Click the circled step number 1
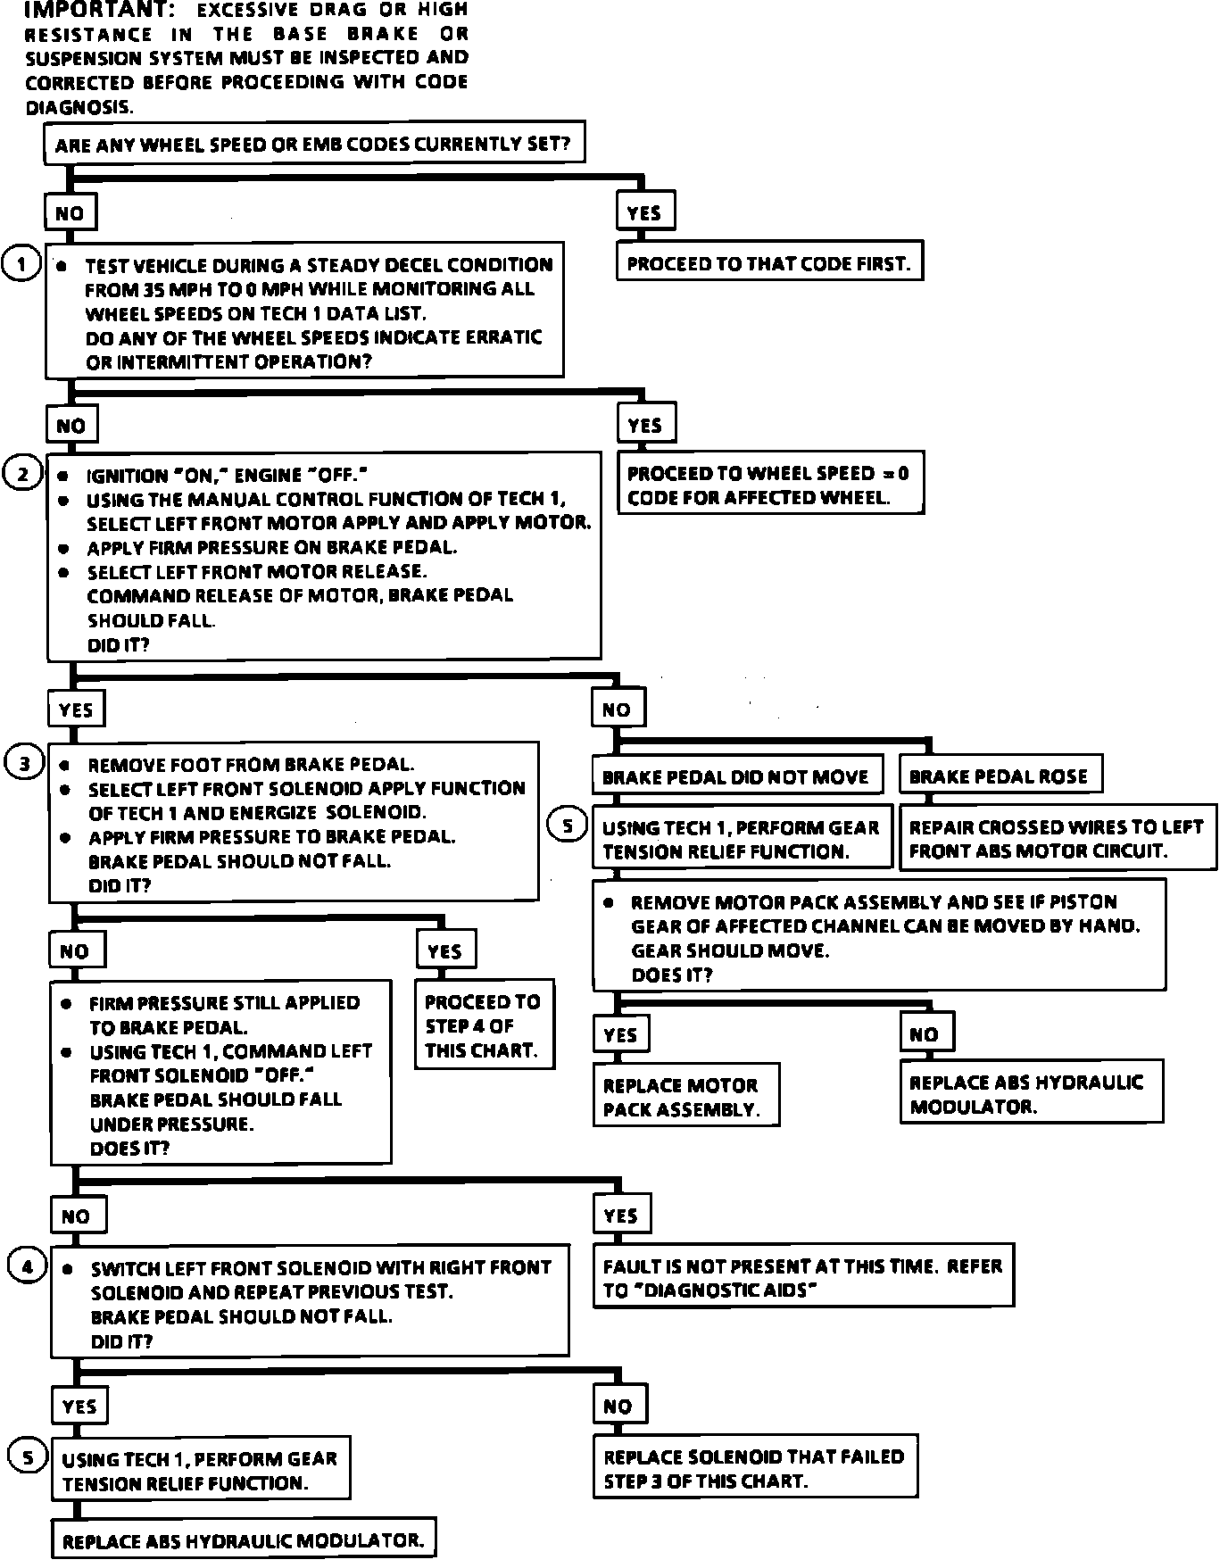click(21, 264)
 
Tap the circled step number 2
click(22, 473)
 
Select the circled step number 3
click(24, 763)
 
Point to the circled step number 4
click(26, 1266)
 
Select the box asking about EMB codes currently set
click(314, 144)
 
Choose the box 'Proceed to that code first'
click(768, 263)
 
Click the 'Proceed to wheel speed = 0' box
click(769, 485)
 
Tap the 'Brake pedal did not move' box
click(736, 776)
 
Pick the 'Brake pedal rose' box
click(999, 776)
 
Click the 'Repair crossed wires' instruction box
click(1057, 839)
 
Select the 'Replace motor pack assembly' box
click(685, 1097)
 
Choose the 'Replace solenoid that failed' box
click(755, 1468)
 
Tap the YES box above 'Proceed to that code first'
click(644, 212)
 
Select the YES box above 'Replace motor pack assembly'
click(620, 1034)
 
